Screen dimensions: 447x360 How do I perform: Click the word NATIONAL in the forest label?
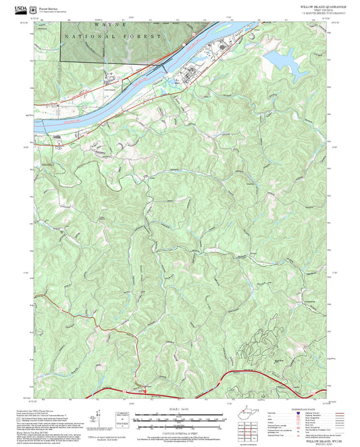88,34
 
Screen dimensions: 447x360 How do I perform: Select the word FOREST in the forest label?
147,34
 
